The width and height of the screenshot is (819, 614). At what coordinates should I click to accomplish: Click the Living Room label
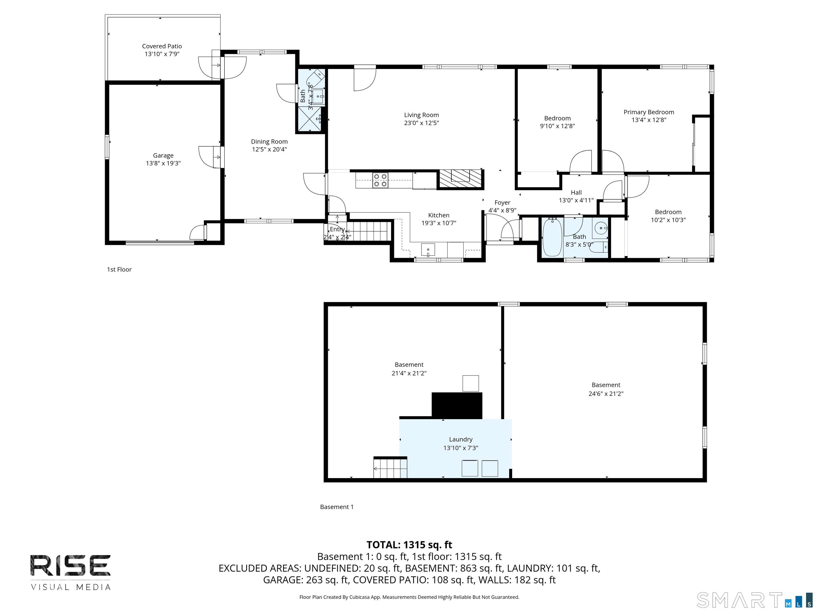click(x=421, y=115)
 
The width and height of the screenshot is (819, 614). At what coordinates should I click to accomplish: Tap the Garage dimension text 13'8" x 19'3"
click(x=163, y=163)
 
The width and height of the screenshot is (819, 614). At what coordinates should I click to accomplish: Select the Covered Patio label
click(x=162, y=46)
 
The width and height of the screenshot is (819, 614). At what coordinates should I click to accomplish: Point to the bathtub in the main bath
click(x=552, y=237)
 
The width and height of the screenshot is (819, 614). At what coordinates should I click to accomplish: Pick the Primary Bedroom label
click(x=649, y=112)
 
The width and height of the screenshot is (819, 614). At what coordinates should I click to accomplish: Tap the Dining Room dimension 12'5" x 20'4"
click(x=270, y=150)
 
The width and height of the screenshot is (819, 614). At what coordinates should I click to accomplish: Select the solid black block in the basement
click(x=457, y=406)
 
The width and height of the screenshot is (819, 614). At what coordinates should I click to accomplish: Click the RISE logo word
click(x=70, y=565)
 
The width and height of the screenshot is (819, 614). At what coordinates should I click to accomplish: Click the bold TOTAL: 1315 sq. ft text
click(x=409, y=545)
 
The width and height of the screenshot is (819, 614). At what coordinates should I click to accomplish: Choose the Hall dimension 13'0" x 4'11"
click(x=576, y=200)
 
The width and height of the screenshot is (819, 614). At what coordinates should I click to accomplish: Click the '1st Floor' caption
click(x=119, y=269)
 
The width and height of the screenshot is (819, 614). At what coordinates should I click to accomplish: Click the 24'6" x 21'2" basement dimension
click(x=606, y=394)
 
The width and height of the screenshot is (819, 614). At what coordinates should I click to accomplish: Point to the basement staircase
click(x=390, y=467)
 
